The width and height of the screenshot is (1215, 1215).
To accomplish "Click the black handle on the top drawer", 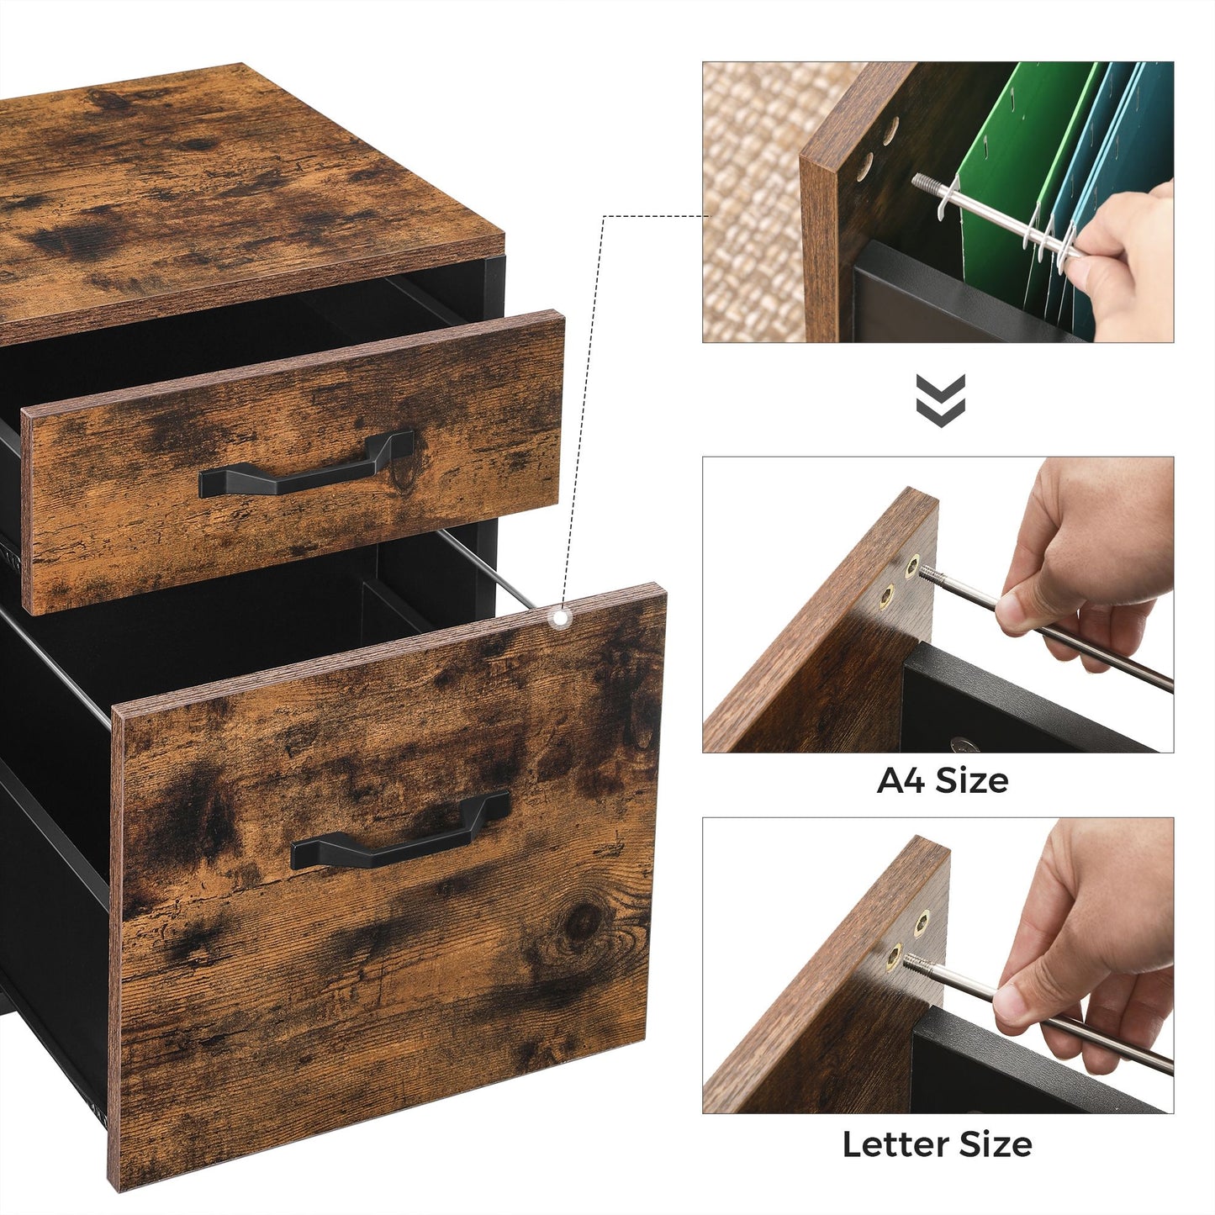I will pyautogui.click(x=307, y=473).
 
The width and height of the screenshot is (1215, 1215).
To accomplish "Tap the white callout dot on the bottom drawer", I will pyautogui.click(x=557, y=617).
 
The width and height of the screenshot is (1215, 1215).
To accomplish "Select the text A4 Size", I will pyautogui.click(x=942, y=780).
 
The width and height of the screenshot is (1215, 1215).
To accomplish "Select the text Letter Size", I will pyautogui.click(x=937, y=1144).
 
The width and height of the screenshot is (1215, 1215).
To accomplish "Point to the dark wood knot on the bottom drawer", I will pyautogui.click(x=583, y=922).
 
